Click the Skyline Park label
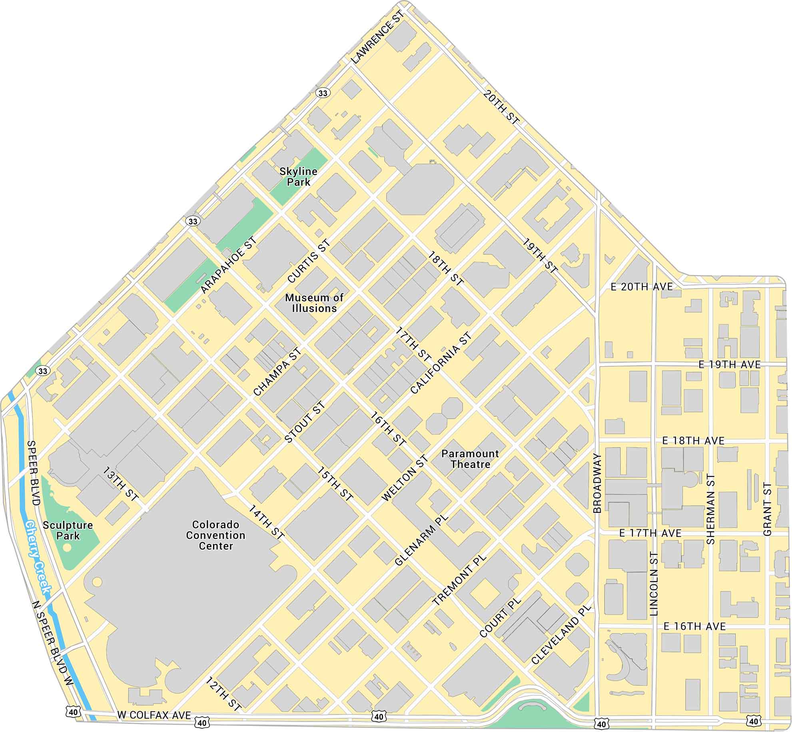coord(298,177)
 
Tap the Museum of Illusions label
coord(314,303)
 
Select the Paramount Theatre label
coord(470,459)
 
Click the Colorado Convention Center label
coord(215,535)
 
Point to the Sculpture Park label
coord(68,531)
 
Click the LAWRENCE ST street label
coord(378,37)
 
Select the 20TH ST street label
coord(501,107)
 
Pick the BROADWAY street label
coord(597,483)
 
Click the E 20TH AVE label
coord(642,287)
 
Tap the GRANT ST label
coord(767,509)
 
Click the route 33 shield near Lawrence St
coord(323,93)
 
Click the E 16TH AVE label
coord(694,626)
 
